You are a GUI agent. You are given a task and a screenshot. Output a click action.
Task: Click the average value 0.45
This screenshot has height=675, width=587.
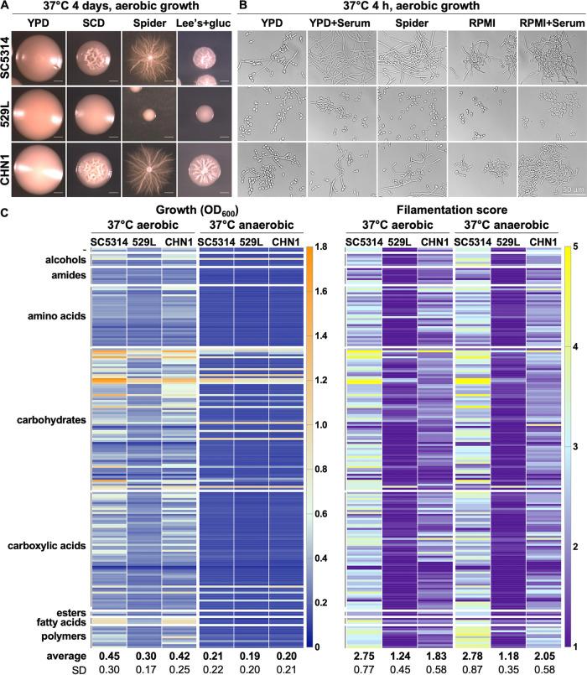click(x=109, y=653)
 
